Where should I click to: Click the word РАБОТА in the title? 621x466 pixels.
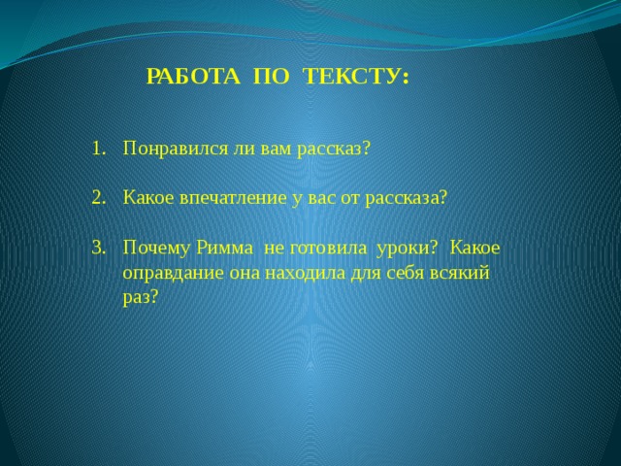[193, 76]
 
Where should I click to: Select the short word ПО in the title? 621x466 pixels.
[272, 76]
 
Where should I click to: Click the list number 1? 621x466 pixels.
[99, 149]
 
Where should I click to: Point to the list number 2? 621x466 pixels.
[99, 198]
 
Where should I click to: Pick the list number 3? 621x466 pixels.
[99, 248]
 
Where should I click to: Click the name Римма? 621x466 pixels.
[224, 248]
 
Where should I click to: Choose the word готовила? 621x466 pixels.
[328, 249]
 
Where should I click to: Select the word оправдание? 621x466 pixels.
[173, 274]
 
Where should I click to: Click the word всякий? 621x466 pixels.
[460, 274]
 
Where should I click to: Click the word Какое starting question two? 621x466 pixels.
[148, 198]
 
